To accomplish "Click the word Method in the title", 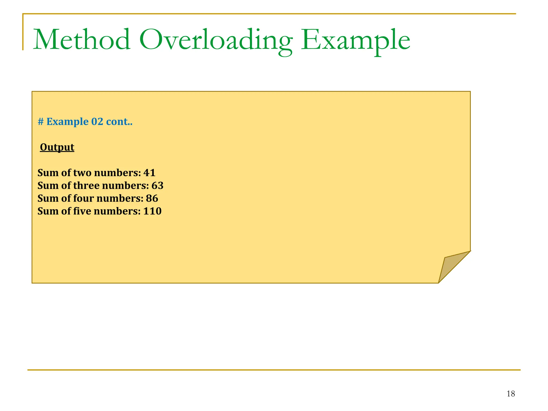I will pos(82,40).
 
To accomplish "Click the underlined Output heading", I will pos(57,147).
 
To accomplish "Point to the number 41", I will pos(149,173).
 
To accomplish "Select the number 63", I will pos(157,186).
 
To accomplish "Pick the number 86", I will pos(152,199).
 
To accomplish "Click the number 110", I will pos(152,211).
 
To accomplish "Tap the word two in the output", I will pos(82,173).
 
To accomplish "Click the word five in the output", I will pos(82,211).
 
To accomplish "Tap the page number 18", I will pos(511,394).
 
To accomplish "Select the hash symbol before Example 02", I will pos(41,122).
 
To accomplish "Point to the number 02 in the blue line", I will pos(97,122).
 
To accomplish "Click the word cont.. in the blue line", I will pos(119,122).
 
